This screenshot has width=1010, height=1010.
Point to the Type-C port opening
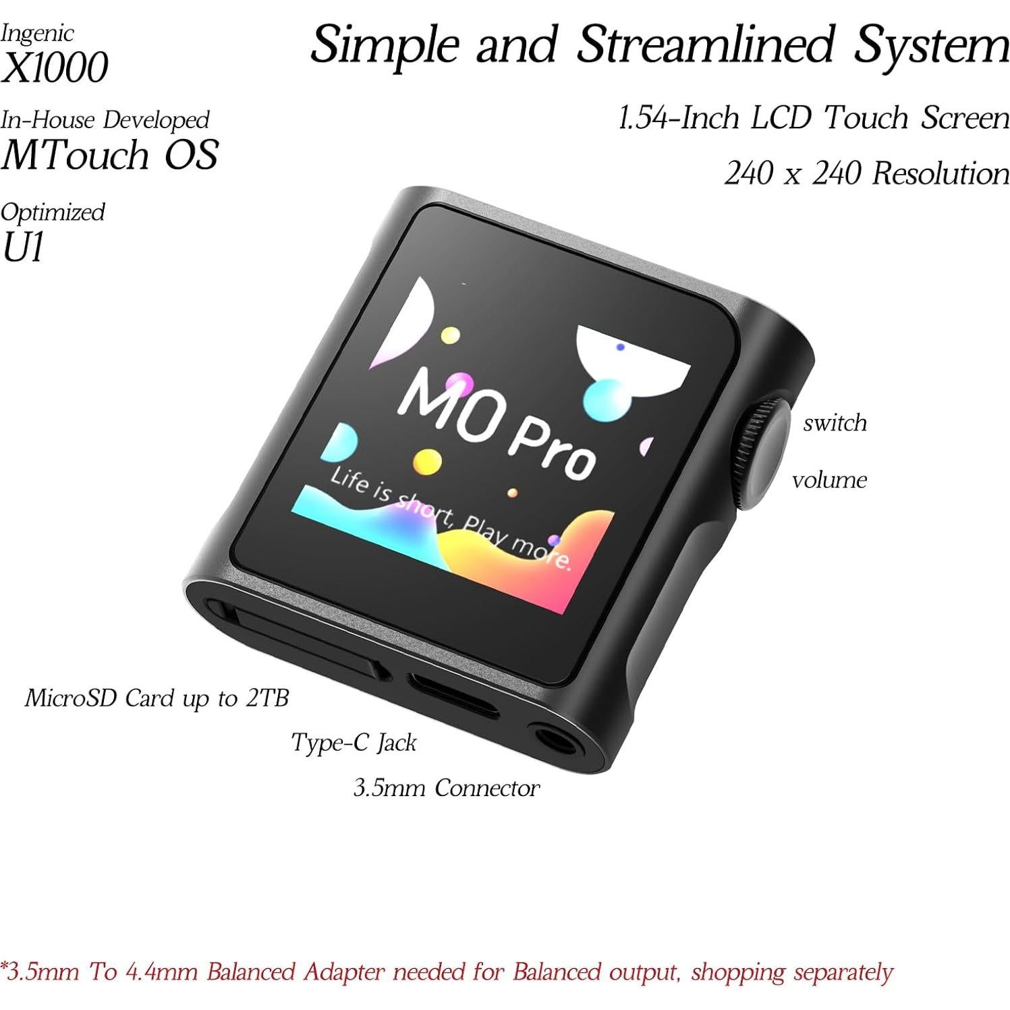(452, 693)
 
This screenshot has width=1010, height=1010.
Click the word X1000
(55, 68)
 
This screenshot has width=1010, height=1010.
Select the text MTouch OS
(109, 155)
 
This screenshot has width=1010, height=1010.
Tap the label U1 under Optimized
(23, 248)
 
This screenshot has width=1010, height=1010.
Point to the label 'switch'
(835, 423)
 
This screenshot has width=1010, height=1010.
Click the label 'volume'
(829, 480)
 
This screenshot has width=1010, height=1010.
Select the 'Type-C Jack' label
(354, 743)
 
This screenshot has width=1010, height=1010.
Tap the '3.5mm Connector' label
(446, 788)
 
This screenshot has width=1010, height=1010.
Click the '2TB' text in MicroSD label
(266, 698)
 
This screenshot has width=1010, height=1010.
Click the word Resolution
(941, 174)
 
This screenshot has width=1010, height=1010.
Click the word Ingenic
(37, 33)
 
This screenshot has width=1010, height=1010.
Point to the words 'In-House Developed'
(105, 120)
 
